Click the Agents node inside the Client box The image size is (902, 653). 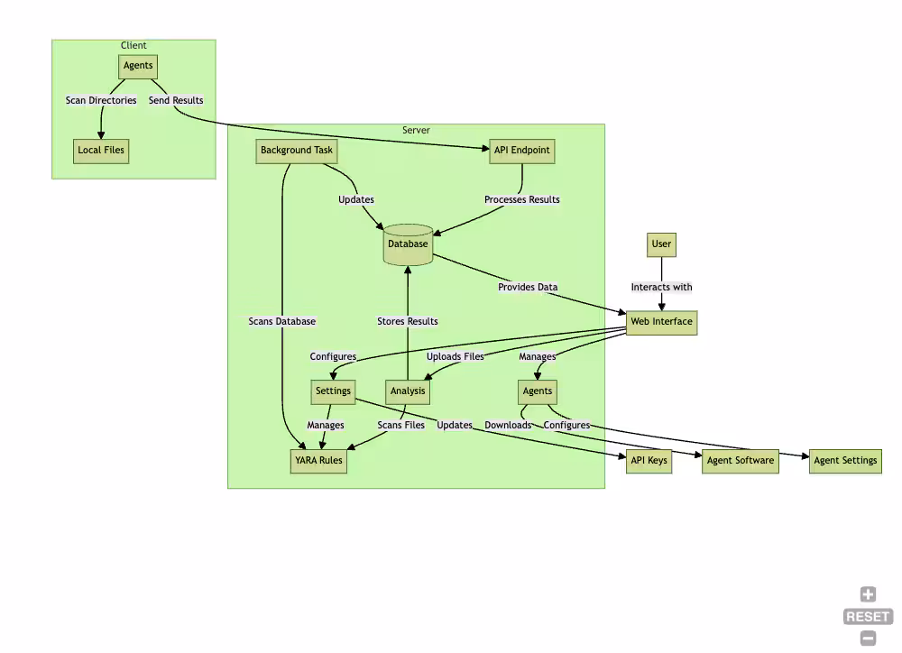(x=138, y=66)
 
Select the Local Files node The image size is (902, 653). (x=101, y=150)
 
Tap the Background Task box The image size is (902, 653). (x=297, y=151)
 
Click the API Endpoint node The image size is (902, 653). (x=521, y=151)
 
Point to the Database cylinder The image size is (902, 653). (x=408, y=244)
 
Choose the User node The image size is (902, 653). (x=662, y=244)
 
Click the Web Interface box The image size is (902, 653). (x=661, y=322)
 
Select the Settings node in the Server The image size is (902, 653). (x=333, y=391)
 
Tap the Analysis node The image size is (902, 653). (x=408, y=391)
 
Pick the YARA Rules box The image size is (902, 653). (x=318, y=461)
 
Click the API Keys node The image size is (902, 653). (x=649, y=461)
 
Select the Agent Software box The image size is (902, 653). (x=740, y=461)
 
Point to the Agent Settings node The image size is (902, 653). (x=845, y=461)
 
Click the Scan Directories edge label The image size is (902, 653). (x=101, y=101)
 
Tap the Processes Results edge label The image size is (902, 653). (x=521, y=200)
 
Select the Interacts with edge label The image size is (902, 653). (x=661, y=288)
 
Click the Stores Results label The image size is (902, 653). (x=408, y=322)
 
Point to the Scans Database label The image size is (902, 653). (x=282, y=322)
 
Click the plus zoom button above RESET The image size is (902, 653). (x=868, y=594)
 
